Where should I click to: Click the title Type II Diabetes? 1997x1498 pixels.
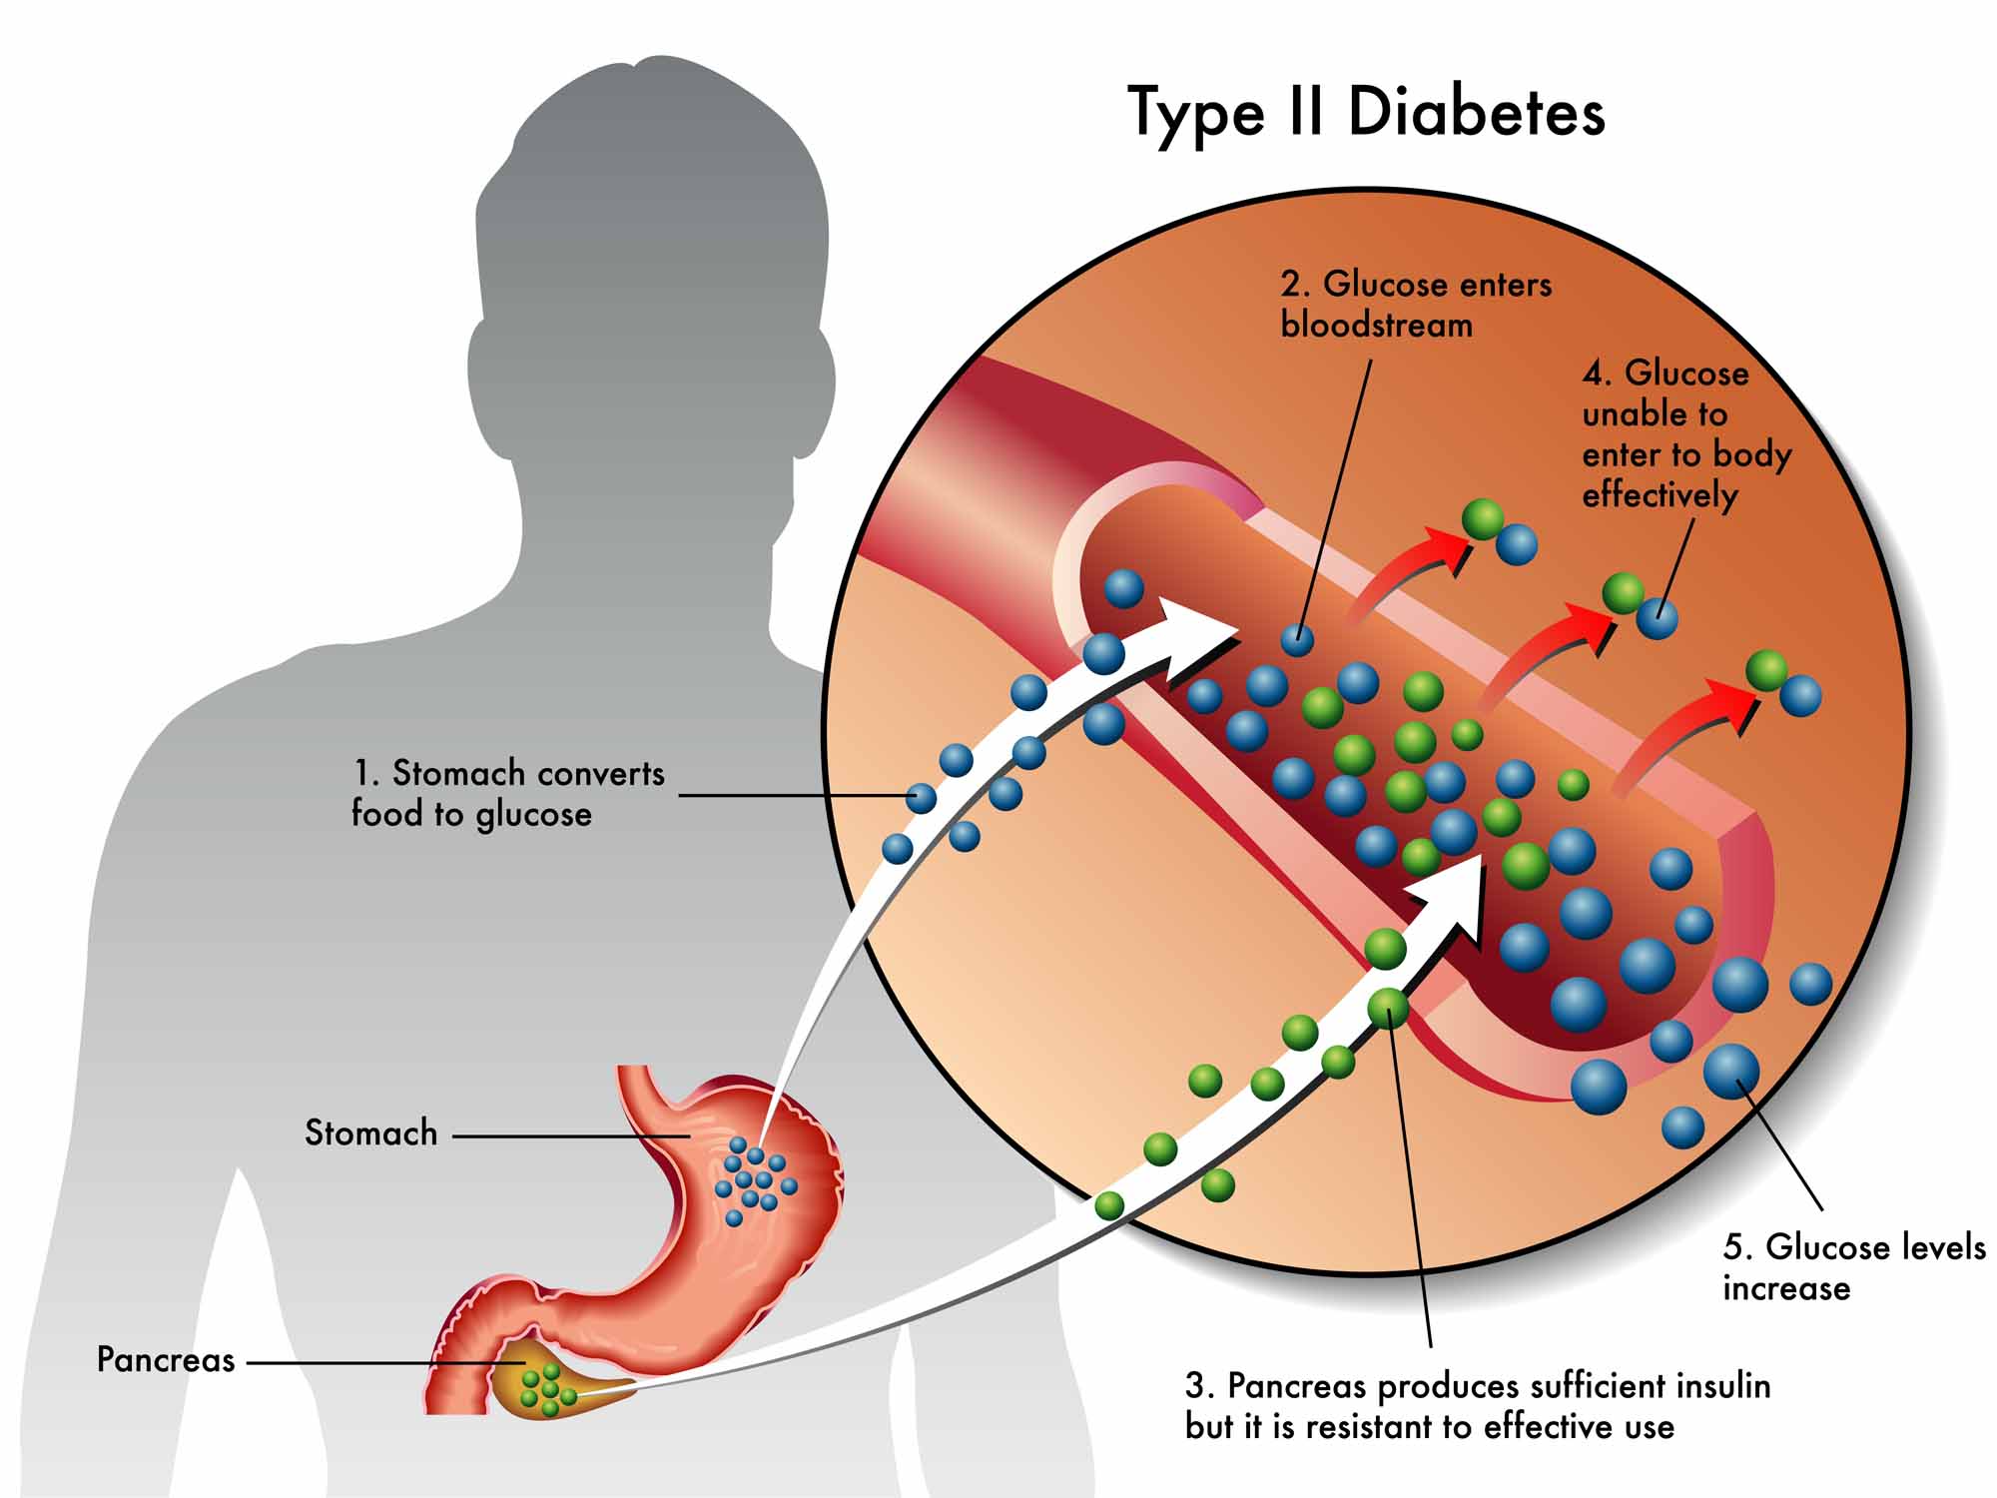1365,112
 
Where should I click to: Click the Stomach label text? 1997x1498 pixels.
370,1132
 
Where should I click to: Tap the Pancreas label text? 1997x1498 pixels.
166,1360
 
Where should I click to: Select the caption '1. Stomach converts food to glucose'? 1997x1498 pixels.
507,794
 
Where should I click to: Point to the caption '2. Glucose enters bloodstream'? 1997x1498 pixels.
1415,305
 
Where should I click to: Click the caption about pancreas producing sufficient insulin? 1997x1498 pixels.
1478,1406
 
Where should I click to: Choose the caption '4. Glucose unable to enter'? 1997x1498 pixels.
1685,433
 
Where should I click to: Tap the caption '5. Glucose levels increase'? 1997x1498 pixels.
1853,1267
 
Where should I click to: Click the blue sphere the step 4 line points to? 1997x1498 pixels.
1657,617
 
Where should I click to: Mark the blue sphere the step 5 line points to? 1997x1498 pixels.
1731,1070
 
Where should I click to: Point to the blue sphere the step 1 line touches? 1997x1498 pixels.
921,798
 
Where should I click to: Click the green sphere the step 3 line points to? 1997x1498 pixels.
1388,1009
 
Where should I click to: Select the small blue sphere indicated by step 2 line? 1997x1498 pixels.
1297,639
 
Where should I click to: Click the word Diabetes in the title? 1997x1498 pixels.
1476,112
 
